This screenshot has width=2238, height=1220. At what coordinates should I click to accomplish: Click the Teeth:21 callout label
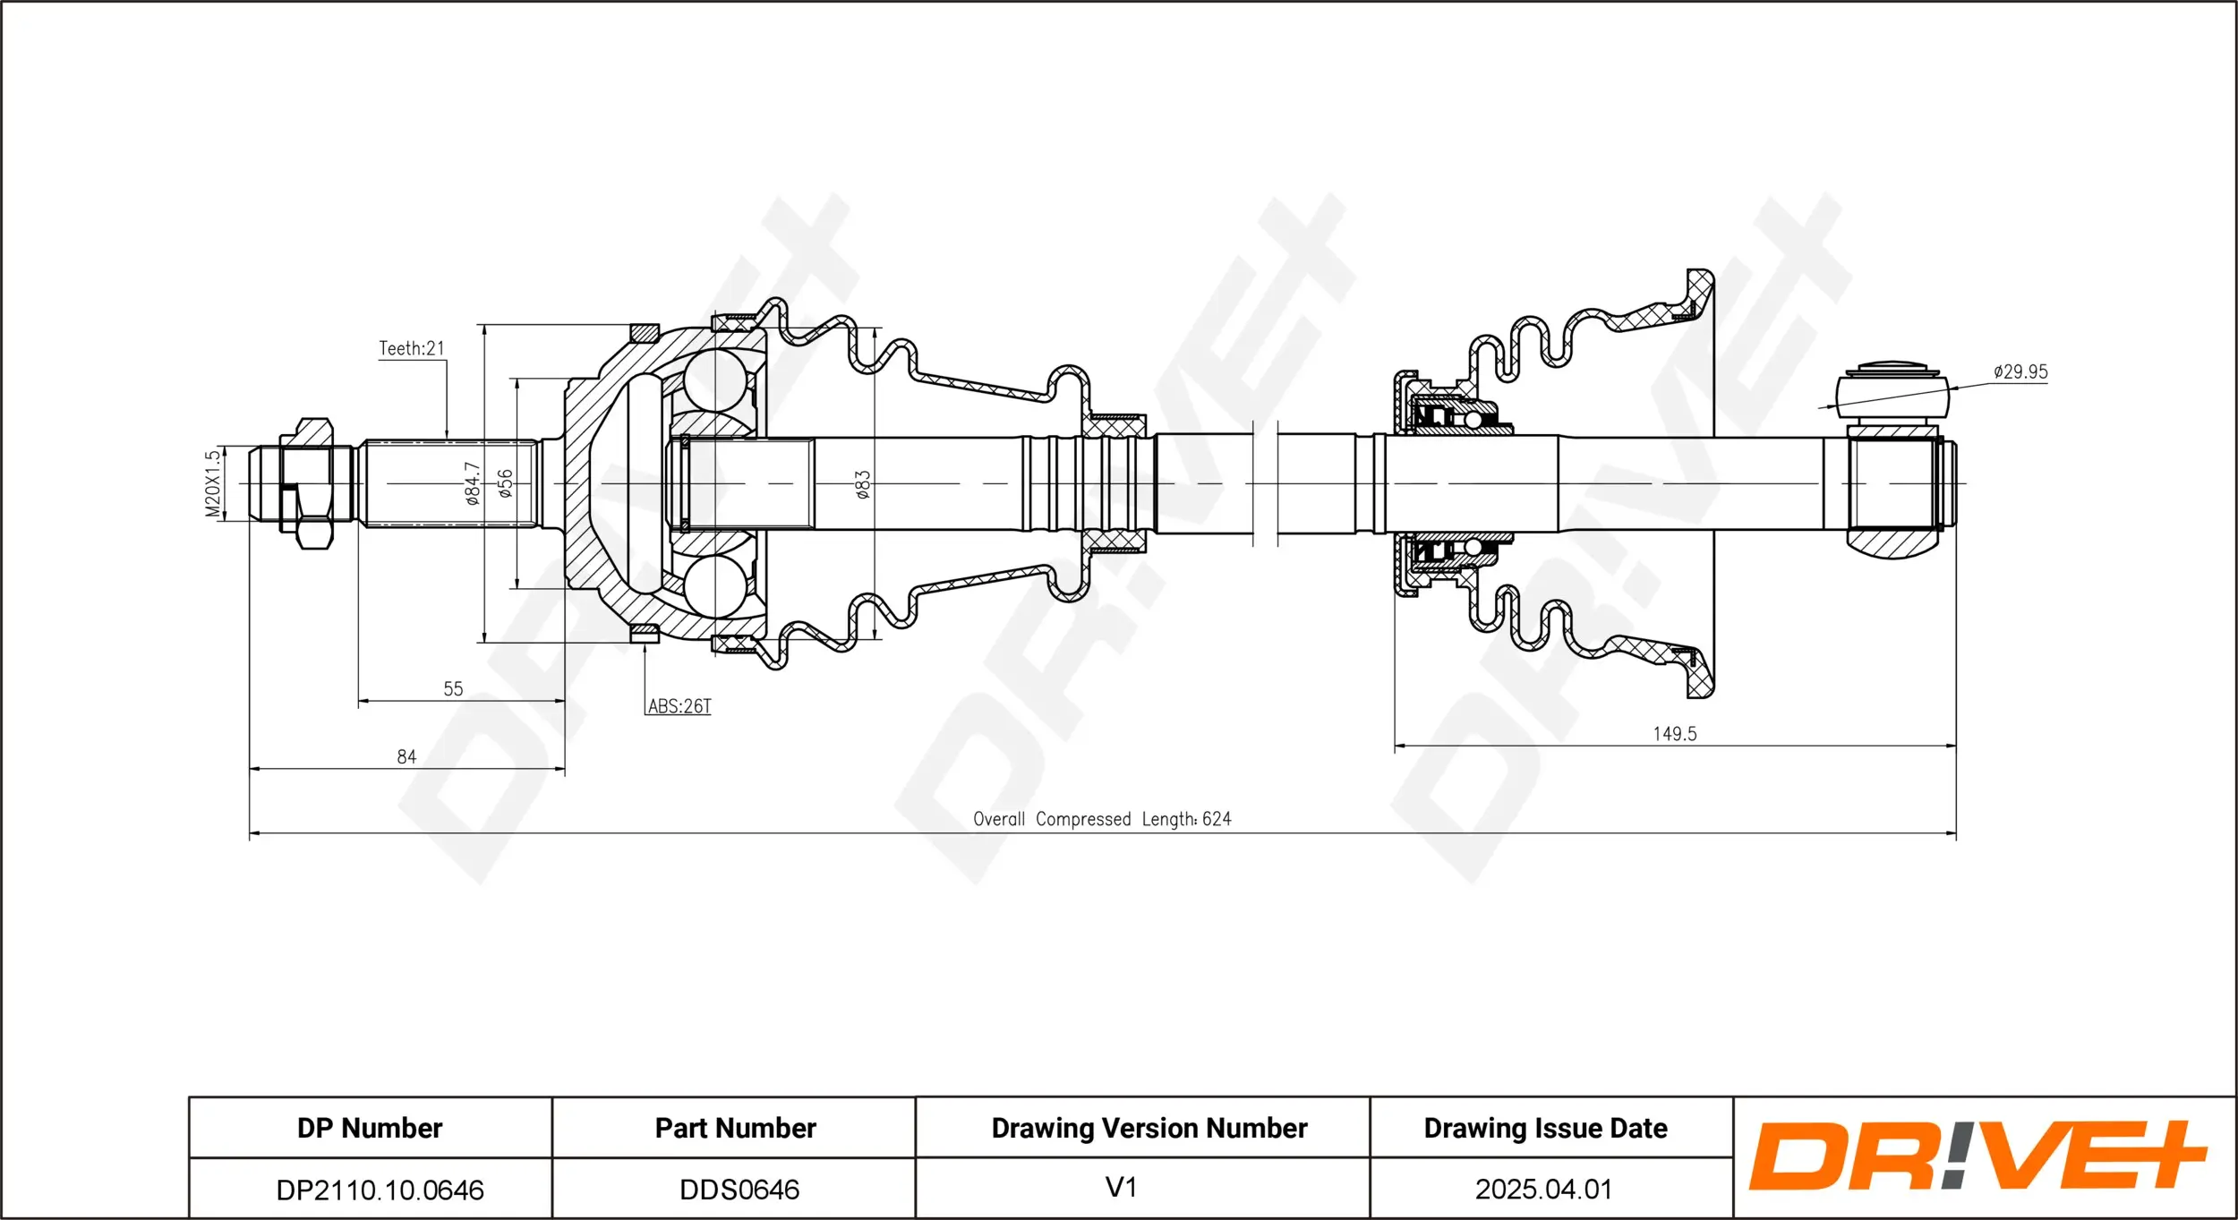(x=411, y=348)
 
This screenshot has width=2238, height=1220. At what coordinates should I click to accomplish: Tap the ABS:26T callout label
(x=679, y=706)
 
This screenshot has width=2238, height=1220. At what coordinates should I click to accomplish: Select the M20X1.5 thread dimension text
(x=212, y=483)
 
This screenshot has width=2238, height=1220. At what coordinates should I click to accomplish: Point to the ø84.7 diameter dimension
(x=472, y=483)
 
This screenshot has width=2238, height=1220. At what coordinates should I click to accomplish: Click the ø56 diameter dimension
(x=505, y=483)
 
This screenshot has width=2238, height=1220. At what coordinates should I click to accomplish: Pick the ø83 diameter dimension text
(x=862, y=484)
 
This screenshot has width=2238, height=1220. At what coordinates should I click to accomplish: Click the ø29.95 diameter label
(x=2020, y=371)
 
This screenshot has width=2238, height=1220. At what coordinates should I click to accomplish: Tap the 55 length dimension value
(x=453, y=688)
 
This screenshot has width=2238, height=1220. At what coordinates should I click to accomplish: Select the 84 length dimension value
(x=406, y=756)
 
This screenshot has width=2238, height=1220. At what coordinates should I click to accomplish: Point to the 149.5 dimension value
(x=1674, y=734)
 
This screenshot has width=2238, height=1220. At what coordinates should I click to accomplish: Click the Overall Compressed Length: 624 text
(x=1102, y=819)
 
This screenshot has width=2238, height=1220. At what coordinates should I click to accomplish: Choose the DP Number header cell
(x=370, y=1128)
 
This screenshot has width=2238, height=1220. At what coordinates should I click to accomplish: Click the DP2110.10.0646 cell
(x=380, y=1190)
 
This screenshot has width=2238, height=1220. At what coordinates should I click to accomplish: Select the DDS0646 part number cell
(x=739, y=1190)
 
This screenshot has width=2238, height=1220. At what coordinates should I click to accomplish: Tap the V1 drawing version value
(x=1121, y=1187)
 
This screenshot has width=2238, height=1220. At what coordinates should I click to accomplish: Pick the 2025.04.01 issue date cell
(x=1543, y=1189)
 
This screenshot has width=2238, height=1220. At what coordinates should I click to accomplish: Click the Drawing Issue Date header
(x=1545, y=1128)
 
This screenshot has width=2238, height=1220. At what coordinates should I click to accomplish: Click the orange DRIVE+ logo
(x=1977, y=1156)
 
